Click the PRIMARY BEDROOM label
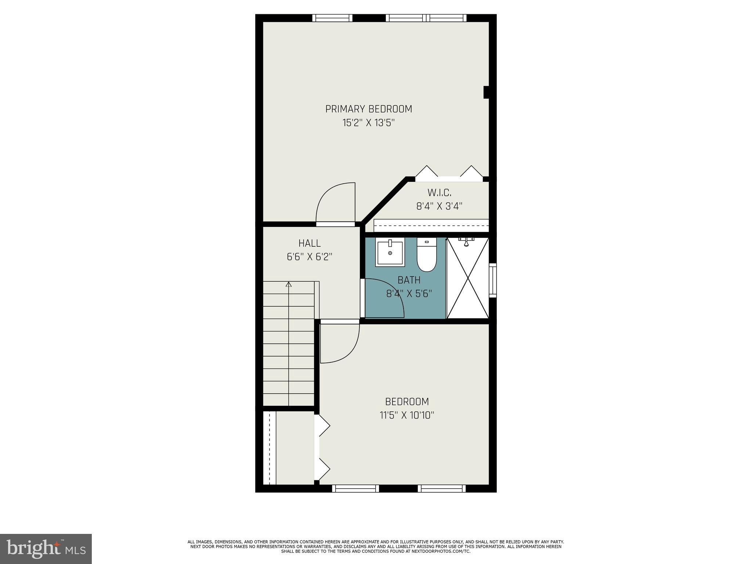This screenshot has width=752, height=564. tap(369, 109)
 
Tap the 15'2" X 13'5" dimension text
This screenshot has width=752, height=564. tap(369, 123)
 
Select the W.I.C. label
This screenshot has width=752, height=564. tap(439, 192)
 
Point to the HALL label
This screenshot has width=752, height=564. tap(310, 243)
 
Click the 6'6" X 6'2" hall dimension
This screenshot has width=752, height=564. tap(310, 257)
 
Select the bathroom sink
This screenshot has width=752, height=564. tap(390, 252)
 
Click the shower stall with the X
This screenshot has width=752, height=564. tap(468, 278)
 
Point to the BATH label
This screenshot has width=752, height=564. tap(409, 280)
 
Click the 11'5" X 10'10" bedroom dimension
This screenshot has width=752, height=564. tap(407, 415)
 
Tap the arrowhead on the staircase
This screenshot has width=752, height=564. tap(289, 284)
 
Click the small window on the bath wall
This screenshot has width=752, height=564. tap(493, 280)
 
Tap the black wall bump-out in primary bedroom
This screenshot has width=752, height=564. tap(486, 92)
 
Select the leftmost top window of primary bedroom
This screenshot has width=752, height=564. tap(332, 18)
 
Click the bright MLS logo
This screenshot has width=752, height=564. tap(46, 549)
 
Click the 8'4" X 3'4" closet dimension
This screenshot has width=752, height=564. tap(439, 206)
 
